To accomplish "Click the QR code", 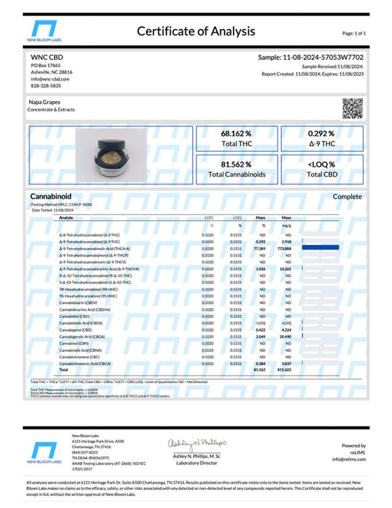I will tap(352, 108).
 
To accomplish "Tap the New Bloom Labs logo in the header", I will tap(44, 31).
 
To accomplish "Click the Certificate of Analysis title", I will tap(196, 31).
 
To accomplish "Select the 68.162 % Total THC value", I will tap(236, 134).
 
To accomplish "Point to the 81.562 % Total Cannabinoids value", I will tap(236, 164).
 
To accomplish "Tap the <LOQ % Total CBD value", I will tap(321, 164).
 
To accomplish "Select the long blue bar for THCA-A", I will tap(320, 247).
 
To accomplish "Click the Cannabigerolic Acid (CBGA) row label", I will tap(82, 337).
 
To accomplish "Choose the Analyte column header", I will tap(66, 217).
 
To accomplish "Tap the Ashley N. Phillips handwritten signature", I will tap(197, 444).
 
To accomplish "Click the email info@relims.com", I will tap(349, 459).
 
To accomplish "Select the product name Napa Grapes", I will tap(44, 102).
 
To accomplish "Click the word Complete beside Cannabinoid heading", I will tap(347, 196).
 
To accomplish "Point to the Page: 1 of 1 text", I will tap(354, 33).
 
